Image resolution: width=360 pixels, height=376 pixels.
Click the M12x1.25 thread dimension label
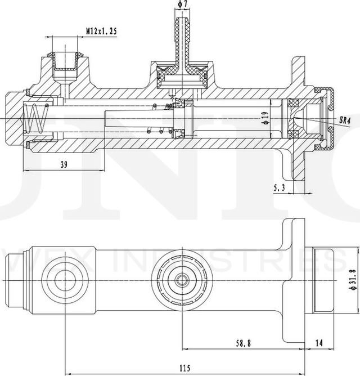[101, 32]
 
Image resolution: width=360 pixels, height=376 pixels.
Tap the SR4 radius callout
[345, 120]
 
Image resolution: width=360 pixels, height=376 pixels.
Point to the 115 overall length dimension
[184, 368]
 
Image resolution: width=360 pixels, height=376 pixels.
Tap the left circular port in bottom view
[66, 279]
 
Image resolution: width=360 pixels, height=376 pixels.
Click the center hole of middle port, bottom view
[182, 279]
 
